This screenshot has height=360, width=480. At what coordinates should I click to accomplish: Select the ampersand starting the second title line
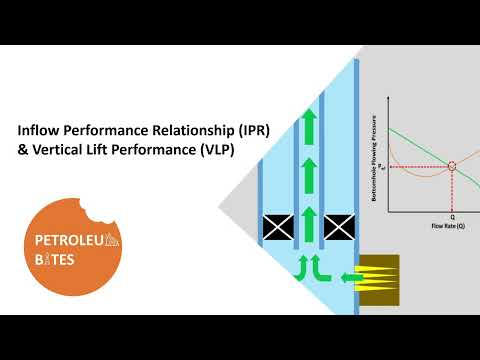(24, 150)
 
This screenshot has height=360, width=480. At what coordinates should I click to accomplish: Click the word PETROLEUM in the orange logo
(71, 239)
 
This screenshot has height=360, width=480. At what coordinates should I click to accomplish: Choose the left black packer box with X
(276, 228)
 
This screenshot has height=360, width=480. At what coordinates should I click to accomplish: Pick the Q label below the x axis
(452, 216)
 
